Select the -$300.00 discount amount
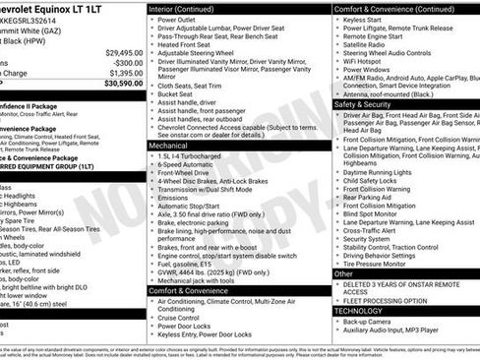click(x=127, y=62)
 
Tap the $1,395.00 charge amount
click(x=125, y=73)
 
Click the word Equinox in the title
click(x=69, y=8)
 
